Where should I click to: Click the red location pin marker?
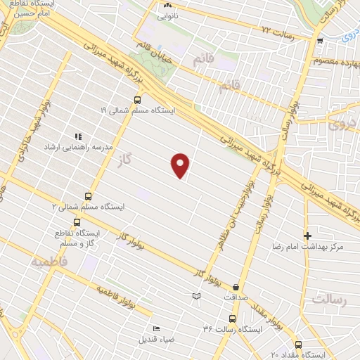pyautogui.click(x=181, y=165)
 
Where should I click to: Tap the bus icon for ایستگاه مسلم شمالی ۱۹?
pyautogui.click(x=138, y=100)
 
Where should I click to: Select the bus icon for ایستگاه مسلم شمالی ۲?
pyautogui.click(x=88, y=196)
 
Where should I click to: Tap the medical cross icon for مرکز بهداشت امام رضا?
pyautogui.click(x=307, y=235)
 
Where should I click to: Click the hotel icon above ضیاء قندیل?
pyautogui.click(x=155, y=328)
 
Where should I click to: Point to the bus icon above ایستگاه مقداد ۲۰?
pyautogui.click(x=299, y=345)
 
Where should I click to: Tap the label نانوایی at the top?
pyautogui.click(x=167, y=14)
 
